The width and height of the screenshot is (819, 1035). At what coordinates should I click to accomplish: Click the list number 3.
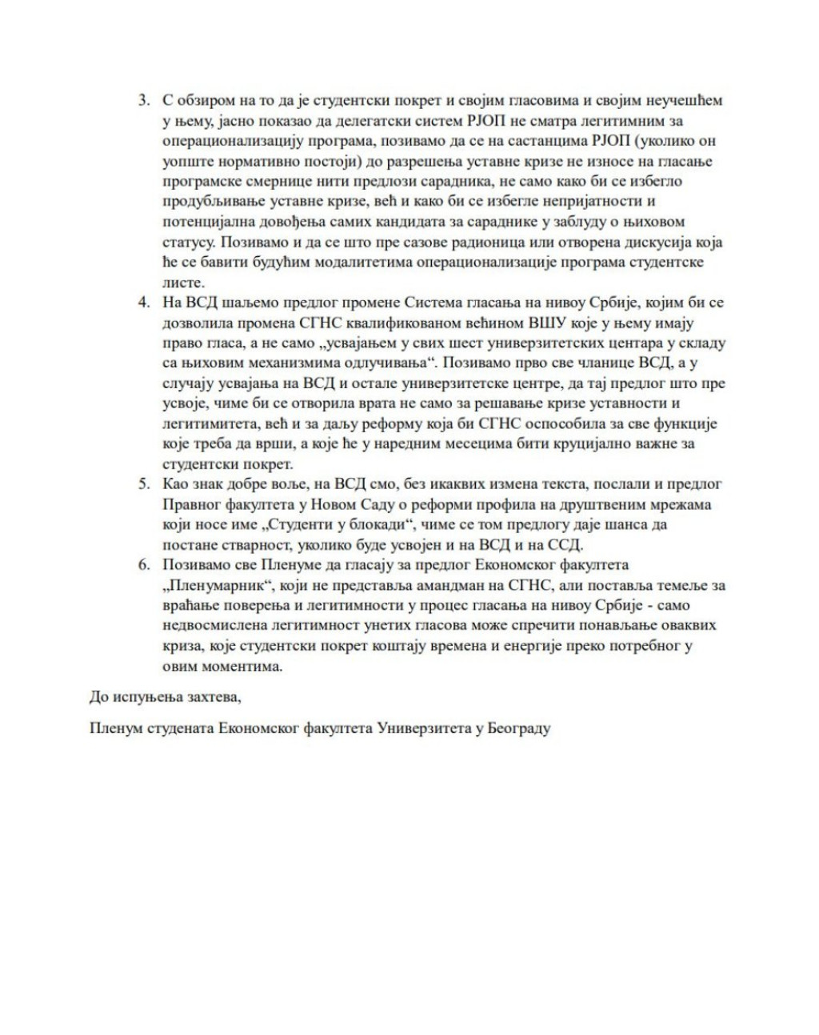coord(144,102)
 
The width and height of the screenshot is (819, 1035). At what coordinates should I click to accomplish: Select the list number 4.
coord(144,303)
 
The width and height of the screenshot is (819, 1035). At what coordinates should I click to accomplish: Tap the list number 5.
coord(144,484)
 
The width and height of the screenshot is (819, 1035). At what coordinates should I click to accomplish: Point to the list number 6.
coord(144,565)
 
